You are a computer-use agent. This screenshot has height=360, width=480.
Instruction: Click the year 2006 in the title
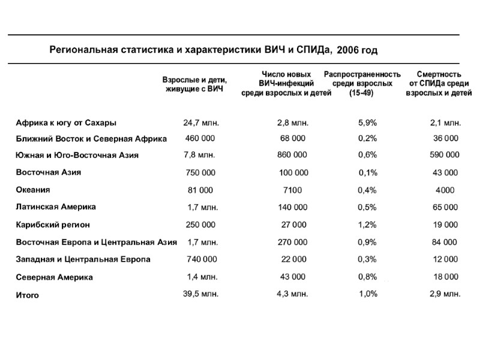click(x=357, y=50)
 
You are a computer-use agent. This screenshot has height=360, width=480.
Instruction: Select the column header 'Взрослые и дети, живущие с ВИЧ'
click(x=195, y=84)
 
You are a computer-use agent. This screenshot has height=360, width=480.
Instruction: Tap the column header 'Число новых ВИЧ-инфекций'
click(x=286, y=83)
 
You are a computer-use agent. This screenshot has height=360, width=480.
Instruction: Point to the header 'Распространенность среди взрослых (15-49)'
click(x=362, y=83)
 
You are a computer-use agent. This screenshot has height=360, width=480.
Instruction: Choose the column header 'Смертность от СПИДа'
click(x=439, y=83)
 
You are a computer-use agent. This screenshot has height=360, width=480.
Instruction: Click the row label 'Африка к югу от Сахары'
click(x=66, y=123)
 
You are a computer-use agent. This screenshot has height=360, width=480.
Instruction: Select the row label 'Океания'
click(x=33, y=190)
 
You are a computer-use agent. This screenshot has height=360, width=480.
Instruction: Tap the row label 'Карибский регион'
click(x=53, y=225)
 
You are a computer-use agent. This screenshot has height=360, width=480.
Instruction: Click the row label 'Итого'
click(x=28, y=295)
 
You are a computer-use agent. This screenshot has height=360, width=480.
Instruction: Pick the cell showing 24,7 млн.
click(x=201, y=123)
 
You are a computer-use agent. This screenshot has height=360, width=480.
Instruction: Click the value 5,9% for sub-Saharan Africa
click(x=367, y=123)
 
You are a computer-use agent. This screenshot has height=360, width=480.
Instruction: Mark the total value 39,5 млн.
click(x=201, y=295)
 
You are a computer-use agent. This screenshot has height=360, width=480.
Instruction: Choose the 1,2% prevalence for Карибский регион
click(x=367, y=225)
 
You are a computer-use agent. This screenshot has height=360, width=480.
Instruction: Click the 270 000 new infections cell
click(x=293, y=242)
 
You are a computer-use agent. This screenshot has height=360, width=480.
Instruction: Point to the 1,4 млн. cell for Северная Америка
click(x=203, y=277)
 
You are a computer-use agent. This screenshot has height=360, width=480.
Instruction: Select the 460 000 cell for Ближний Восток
click(x=200, y=139)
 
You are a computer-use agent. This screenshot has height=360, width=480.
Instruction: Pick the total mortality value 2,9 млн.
click(x=445, y=295)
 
